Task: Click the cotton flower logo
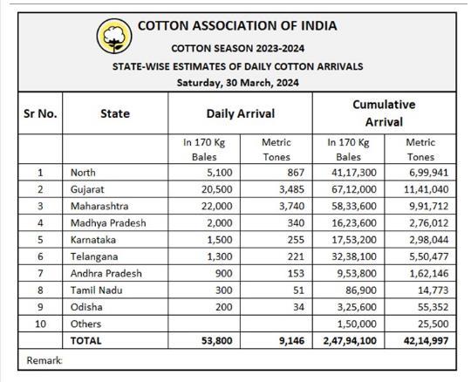pyautogui.click(x=114, y=36)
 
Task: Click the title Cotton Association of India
pyautogui.click(x=237, y=26)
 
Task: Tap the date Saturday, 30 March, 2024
pyautogui.click(x=237, y=83)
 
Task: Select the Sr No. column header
pyautogui.click(x=40, y=113)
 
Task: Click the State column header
pyautogui.click(x=115, y=113)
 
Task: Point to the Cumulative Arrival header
pyautogui.click(x=384, y=113)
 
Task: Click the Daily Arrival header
pyautogui.click(x=241, y=113)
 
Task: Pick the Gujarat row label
pyautogui.click(x=87, y=189)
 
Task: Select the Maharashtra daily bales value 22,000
pyautogui.click(x=217, y=206)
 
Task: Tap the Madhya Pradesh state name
pyautogui.click(x=108, y=223)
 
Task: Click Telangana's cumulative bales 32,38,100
pyautogui.click(x=354, y=256)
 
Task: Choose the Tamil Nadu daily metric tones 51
pyautogui.click(x=298, y=290)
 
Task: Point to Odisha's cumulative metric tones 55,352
pyautogui.click(x=433, y=307)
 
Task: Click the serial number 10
pyautogui.click(x=40, y=324)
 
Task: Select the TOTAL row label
pyautogui.click(x=85, y=340)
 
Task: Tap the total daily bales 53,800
pyautogui.click(x=217, y=340)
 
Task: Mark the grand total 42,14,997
pyautogui.click(x=426, y=340)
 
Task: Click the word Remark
pyautogui.click(x=44, y=360)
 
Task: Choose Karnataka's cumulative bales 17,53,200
pyautogui.click(x=354, y=240)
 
